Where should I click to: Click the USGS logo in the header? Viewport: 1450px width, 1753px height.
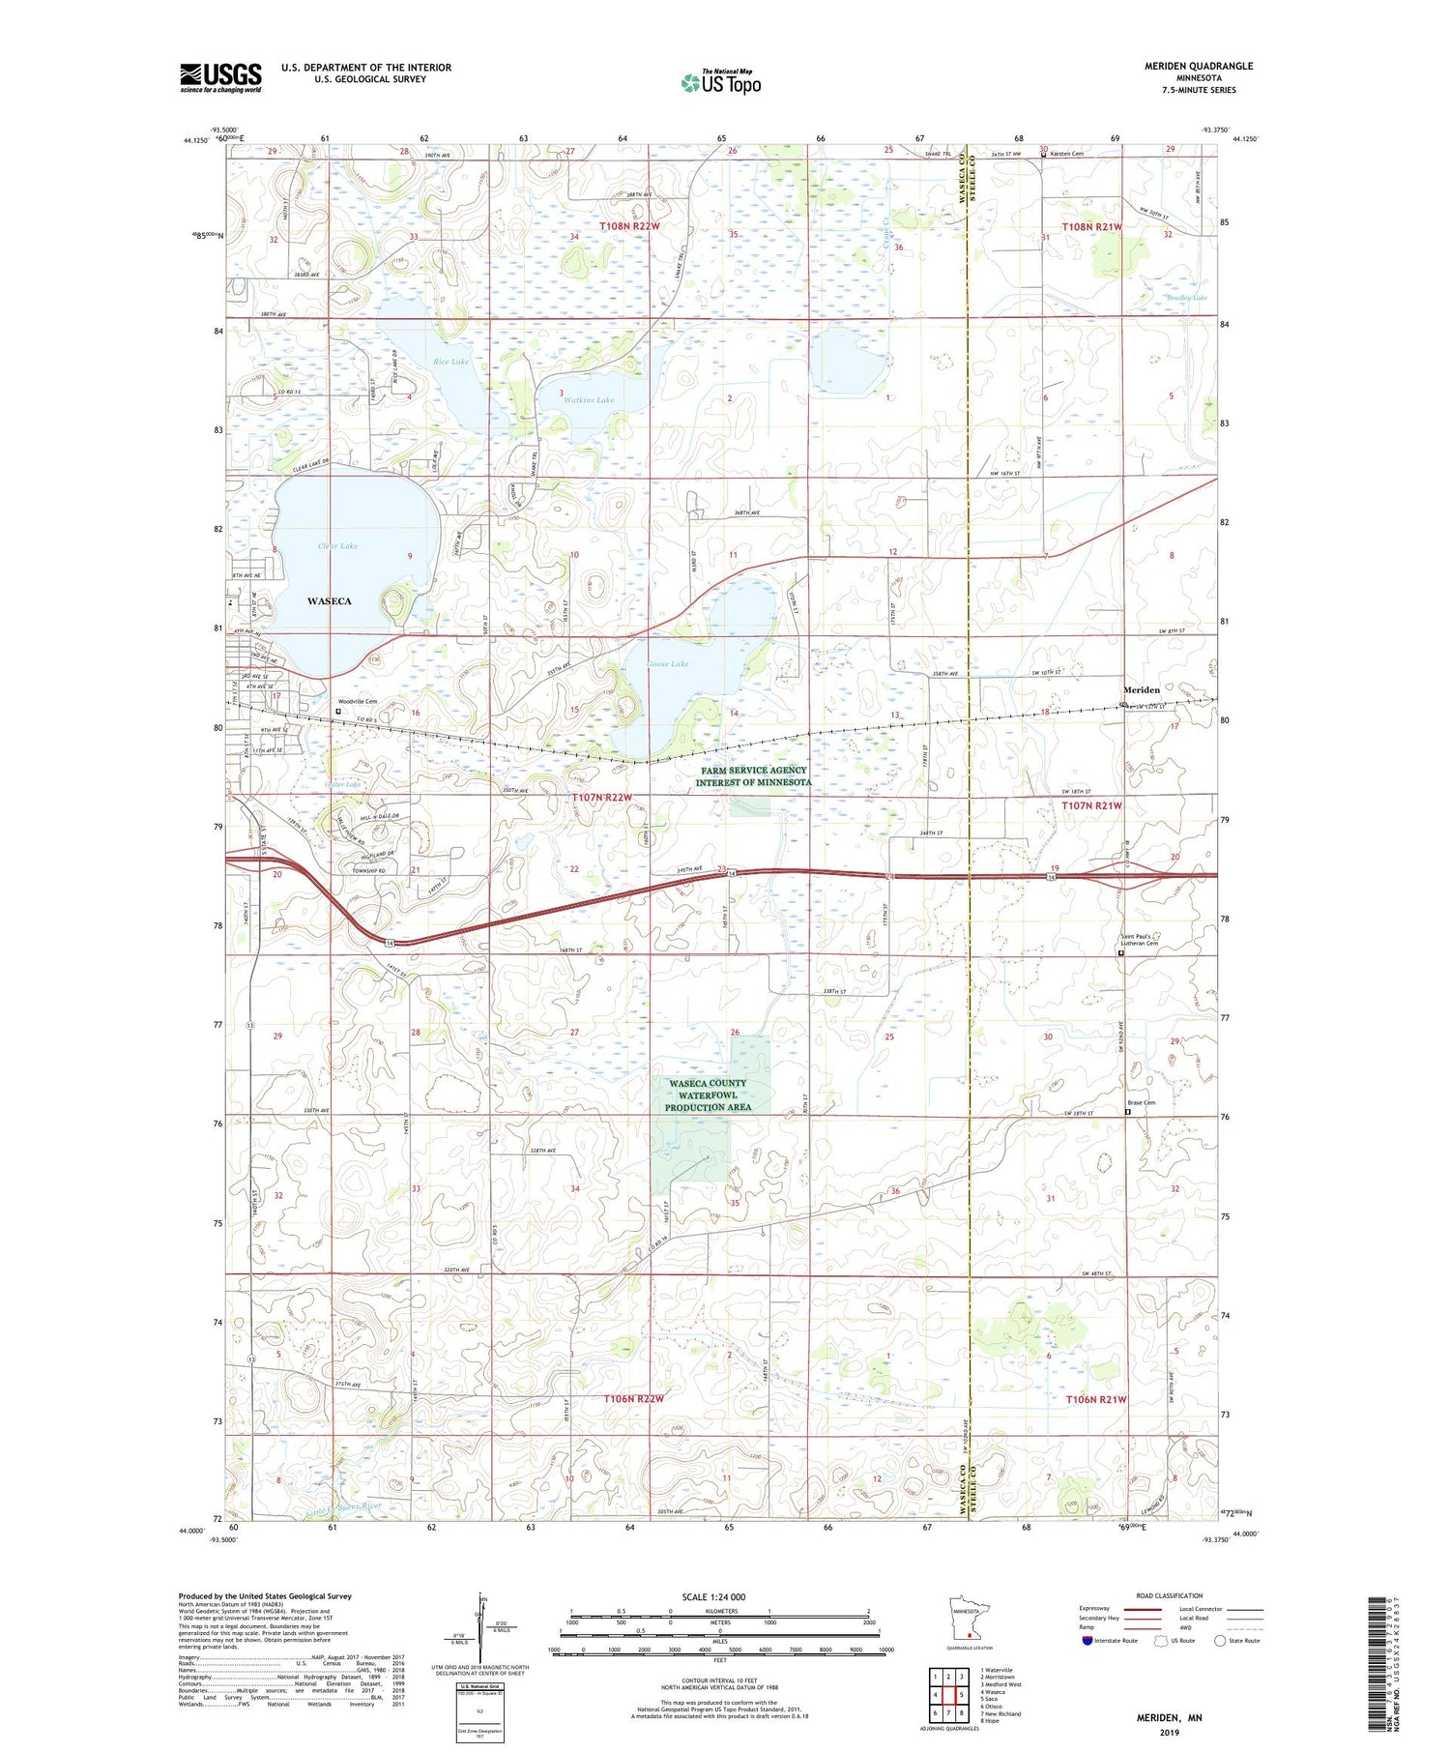(x=220, y=77)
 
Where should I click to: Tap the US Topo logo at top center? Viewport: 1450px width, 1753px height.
(x=721, y=82)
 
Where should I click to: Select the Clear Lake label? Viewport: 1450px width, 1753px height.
(x=337, y=546)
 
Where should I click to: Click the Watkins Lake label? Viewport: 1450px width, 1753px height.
(x=588, y=400)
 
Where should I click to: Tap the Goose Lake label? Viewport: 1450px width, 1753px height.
(x=668, y=664)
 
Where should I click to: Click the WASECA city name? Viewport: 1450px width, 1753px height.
(x=329, y=601)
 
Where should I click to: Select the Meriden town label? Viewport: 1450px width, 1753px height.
(x=1141, y=690)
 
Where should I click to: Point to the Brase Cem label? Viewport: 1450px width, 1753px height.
(x=1142, y=1102)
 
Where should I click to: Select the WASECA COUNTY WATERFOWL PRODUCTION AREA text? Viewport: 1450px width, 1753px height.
(x=708, y=1096)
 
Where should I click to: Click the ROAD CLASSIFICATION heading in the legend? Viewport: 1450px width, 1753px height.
(x=1170, y=1595)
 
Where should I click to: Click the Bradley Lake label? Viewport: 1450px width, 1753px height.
(x=1185, y=298)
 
